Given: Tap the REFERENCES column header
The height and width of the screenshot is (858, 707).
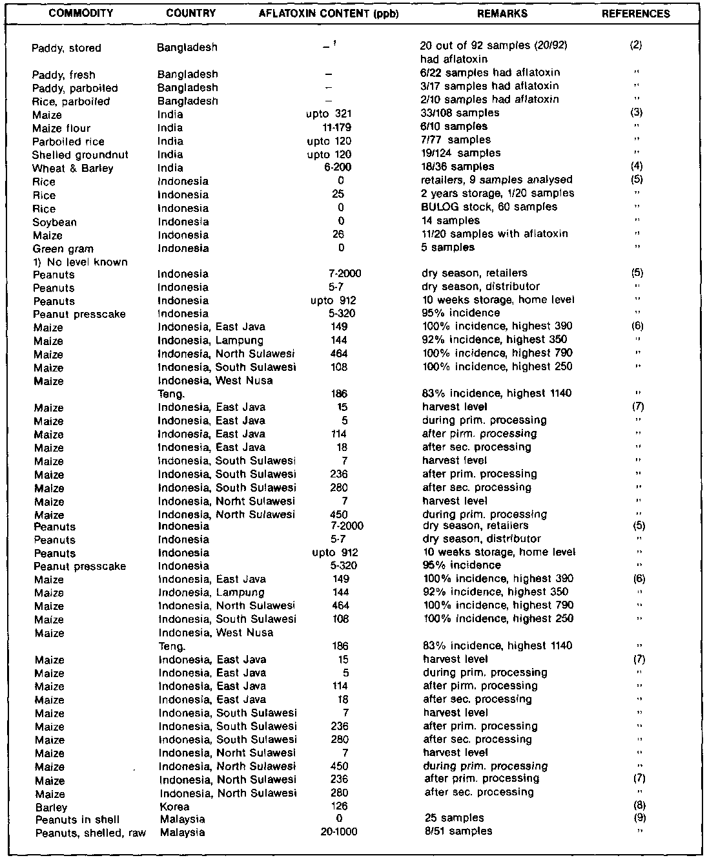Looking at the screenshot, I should click(635, 14).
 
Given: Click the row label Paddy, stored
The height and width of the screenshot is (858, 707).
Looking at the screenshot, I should click(66, 48).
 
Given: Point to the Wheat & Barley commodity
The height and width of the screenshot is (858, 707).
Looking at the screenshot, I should click(72, 169).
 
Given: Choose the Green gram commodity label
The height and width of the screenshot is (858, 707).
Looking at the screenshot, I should click(63, 249).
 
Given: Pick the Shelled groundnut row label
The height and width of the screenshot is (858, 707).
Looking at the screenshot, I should click(80, 155).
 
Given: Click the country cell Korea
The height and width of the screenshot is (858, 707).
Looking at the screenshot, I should click(174, 807).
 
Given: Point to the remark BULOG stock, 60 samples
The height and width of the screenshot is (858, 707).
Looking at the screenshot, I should click(489, 207).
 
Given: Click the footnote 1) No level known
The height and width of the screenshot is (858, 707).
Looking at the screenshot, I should click(80, 262).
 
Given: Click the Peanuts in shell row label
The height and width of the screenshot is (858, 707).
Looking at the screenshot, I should click(77, 819).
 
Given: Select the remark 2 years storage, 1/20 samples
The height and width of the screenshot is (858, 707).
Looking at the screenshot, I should click(497, 194).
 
